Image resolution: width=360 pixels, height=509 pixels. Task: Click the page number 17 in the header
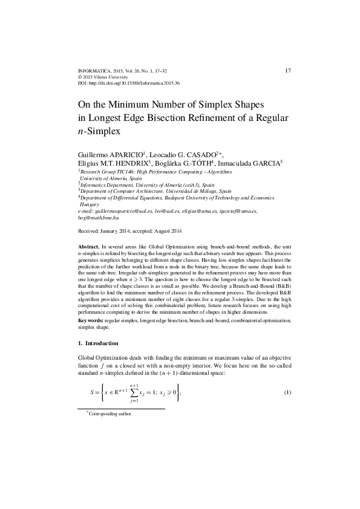(x=287, y=71)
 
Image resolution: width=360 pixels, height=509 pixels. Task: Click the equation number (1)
(x=288, y=394)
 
